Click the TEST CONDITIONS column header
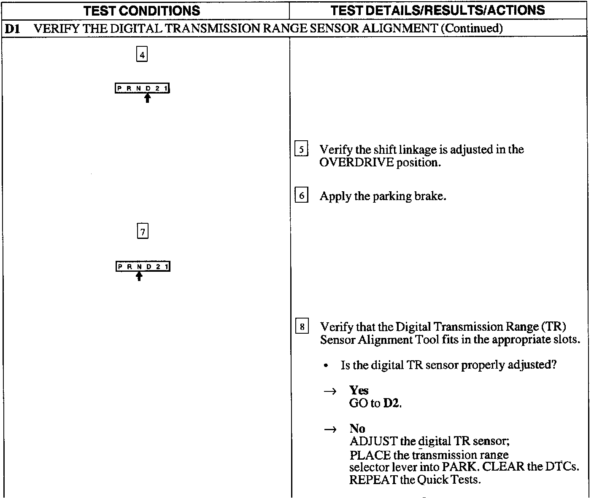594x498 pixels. click(142, 11)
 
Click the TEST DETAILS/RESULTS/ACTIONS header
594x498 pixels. click(437, 11)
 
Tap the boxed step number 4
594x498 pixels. click(142, 55)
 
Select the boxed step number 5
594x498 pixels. click(301, 150)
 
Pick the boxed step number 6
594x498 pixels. click(301, 196)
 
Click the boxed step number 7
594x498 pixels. click(143, 232)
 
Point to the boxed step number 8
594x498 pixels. click(302, 327)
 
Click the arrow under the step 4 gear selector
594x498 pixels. click(147, 98)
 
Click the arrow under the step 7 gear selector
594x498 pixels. click(139, 276)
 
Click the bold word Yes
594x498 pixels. click(359, 391)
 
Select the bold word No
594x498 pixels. click(357, 429)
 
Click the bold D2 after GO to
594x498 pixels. click(391, 404)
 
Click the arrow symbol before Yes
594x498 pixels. click(330, 391)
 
